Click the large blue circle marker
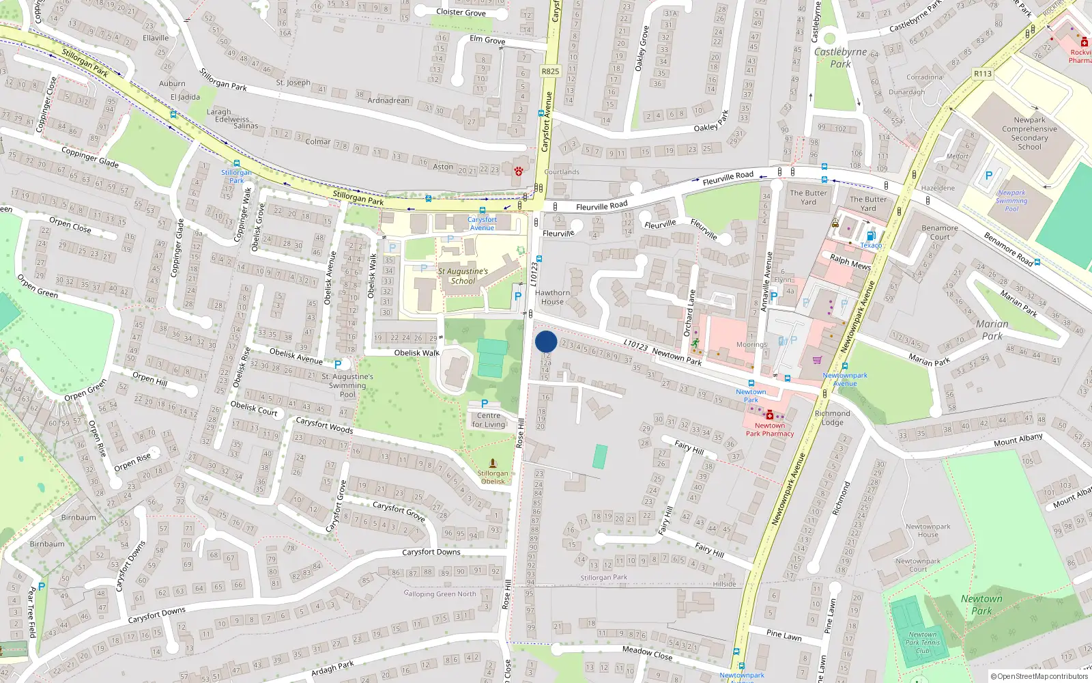[546, 341]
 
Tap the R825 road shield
[550, 71]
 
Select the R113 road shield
[983, 74]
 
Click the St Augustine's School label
[463, 276]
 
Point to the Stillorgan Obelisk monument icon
[493, 464]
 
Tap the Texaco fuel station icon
[871, 236]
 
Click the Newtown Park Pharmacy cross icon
[770, 415]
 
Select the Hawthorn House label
[553, 297]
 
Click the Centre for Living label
[489, 420]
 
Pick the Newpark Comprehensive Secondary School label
[1029, 133]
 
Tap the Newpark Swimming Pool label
[1011, 201]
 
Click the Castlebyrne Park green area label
[840, 57]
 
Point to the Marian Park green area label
[992, 330]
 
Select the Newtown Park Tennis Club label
[923, 643]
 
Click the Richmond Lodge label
[833, 418]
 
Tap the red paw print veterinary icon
[519, 171]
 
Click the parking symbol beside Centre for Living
[485, 404]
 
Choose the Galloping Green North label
[440, 594]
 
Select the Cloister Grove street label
[461, 12]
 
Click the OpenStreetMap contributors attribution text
[1039, 676]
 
